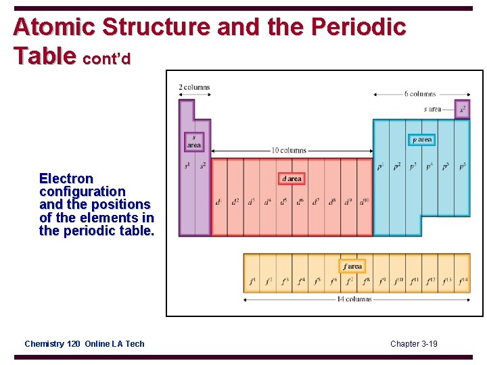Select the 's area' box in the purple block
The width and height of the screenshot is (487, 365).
194,141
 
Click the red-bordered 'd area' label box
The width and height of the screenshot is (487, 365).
292,178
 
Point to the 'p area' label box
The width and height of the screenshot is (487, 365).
422,140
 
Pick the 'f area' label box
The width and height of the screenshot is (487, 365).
352,266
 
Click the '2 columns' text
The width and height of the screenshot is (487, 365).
194,87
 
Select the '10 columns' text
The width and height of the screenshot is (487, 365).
289,150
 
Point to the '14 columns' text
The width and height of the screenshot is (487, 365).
354,299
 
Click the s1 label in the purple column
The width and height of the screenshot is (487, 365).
187,166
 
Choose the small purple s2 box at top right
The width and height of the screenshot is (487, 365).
463,109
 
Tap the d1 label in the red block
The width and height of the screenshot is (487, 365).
218,201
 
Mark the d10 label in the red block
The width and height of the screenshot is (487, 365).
365,201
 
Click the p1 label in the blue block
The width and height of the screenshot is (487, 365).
381,166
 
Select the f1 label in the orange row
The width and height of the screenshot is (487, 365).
252,281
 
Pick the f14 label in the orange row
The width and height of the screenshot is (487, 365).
463,281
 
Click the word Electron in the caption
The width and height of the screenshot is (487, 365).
66,178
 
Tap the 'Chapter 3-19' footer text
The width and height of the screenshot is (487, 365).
414,344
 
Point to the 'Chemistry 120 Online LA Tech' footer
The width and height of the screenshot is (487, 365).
85,344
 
